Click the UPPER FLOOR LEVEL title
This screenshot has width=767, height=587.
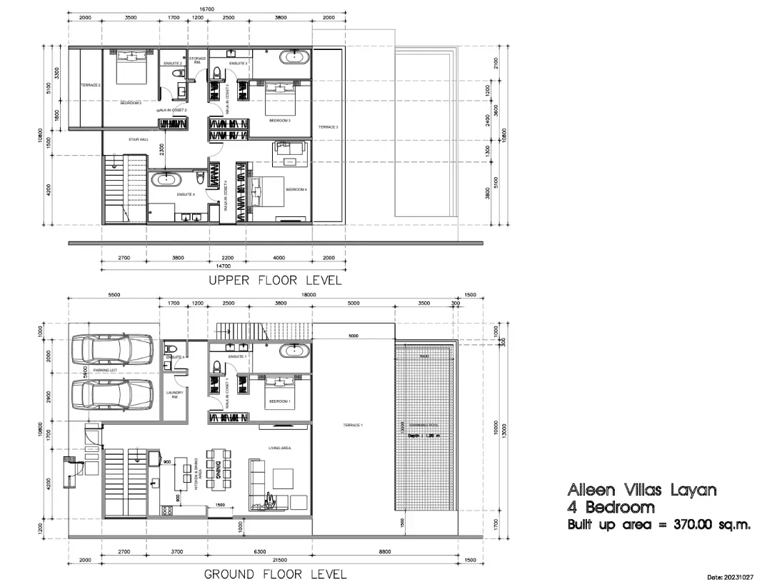(x=275, y=281)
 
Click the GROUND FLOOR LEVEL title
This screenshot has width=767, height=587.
(x=275, y=574)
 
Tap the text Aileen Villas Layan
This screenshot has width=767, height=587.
(x=641, y=490)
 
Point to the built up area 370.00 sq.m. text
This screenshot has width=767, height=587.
(x=658, y=525)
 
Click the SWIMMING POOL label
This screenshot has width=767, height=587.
(x=423, y=425)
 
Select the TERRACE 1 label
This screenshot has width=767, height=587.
(x=353, y=425)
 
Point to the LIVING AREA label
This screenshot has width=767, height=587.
(x=279, y=448)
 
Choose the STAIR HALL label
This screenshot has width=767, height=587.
(x=138, y=139)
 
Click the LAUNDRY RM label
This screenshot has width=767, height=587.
(x=174, y=394)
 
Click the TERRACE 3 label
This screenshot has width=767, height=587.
(x=328, y=127)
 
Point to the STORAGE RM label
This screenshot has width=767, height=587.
(x=197, y=60)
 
